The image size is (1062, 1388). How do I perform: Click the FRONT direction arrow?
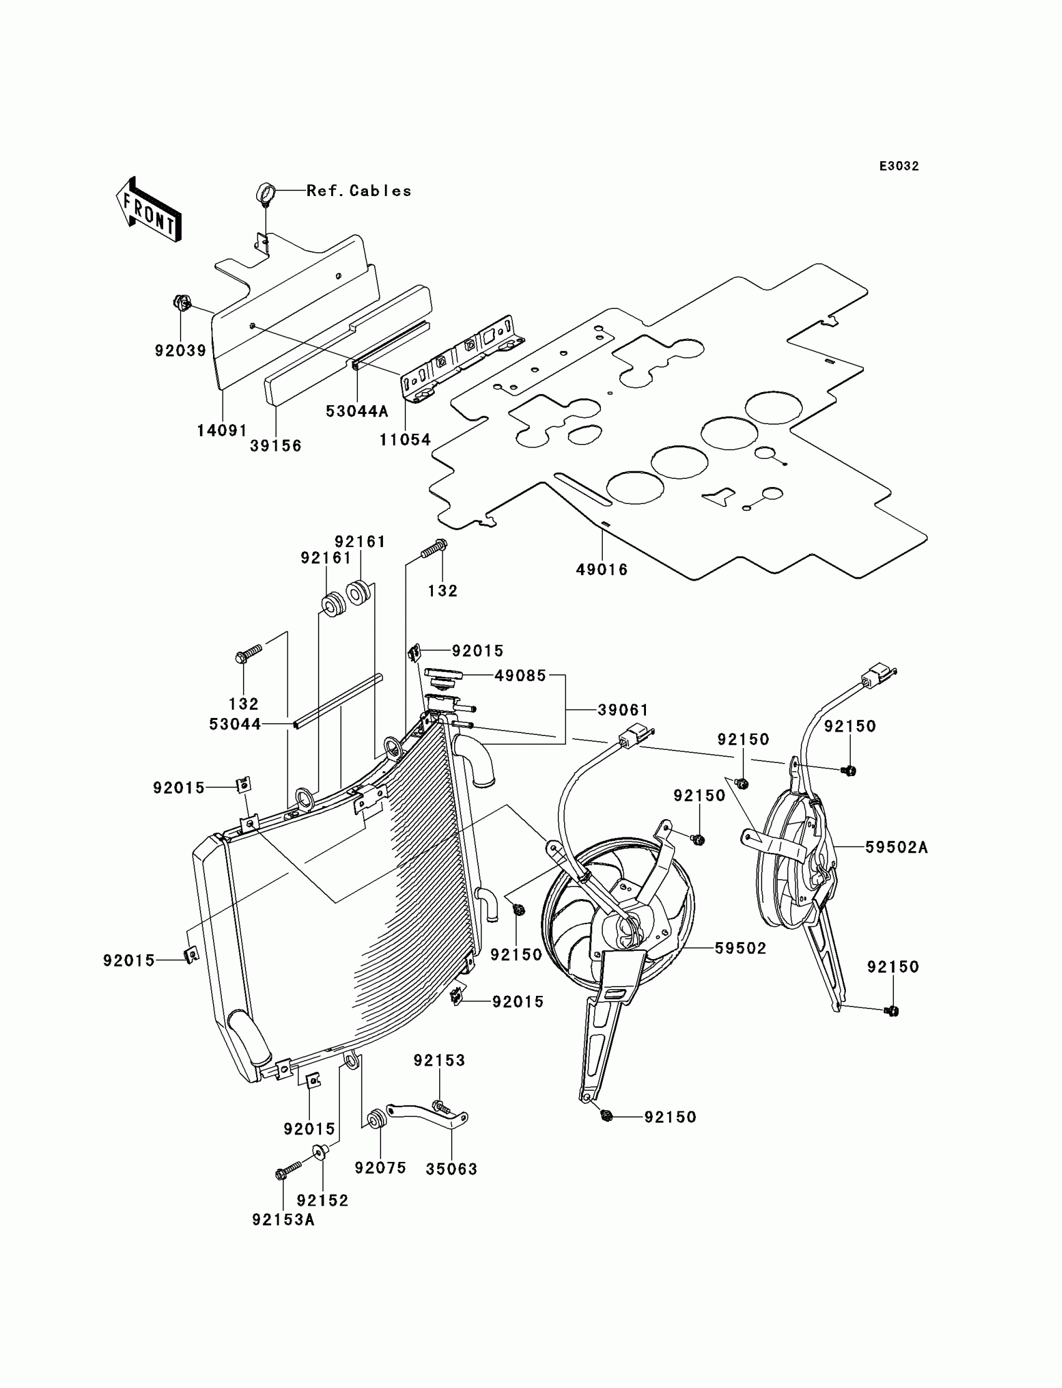(x=149, y=209)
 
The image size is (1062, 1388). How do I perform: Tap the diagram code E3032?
(x=899, y=166)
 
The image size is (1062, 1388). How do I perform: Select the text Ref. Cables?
(x=359, y=191)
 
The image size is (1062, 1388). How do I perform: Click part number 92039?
(x=180, y=351)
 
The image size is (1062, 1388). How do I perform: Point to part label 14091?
(x=222, y=431)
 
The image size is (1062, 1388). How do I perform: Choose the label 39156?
(x=275, y=446)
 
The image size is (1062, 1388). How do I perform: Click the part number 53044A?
(x=357, y=411)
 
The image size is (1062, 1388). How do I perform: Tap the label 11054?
(x=405, y=440)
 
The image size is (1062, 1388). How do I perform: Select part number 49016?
(x=602, y=570)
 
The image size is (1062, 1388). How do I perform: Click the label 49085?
(x=520, y=676)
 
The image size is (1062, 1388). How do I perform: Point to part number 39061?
(x=623, y=710)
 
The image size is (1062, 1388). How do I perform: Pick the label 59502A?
(x=896, y=848)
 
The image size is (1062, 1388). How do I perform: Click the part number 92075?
(x=380, y=1168)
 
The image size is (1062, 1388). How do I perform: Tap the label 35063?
(x=451, y=1169)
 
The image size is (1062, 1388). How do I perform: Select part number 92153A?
(x=283, y=1220)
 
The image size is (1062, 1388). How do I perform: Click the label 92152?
(x=322, y=1200)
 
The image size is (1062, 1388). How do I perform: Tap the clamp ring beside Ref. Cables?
(x=265, y=192)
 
